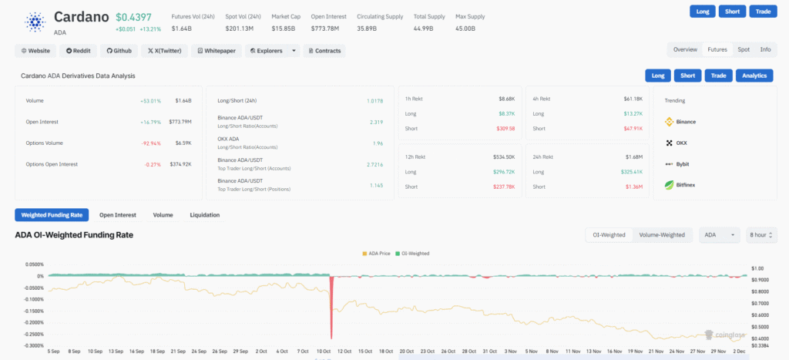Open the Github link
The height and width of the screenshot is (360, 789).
pyautogui.click(x=119, y=51)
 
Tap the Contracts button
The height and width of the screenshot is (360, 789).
pyautogui.click(x=324, y=51)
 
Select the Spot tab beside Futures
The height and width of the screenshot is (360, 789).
pyautogui.click(x=744, y=49)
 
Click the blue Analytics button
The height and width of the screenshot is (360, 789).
pyautogui.click(x=755, y=76)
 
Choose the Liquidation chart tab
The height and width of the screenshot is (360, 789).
pyautogui.click(x=205, y=215)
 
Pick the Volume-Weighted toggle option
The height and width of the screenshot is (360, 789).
pyautogui.click(x=662, y=235)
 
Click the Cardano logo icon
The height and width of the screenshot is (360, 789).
pyautogui.click(x=35, y=21)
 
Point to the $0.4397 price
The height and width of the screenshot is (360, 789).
pyautogui.click(x=135, y=16)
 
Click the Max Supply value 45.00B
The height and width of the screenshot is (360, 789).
pyautogui.click(x=465, y=29)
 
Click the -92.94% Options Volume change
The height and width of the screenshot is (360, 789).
pyautogui.click(x=149, y=143)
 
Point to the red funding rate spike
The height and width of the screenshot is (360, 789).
pyautogui.click(x=331, y=304)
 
